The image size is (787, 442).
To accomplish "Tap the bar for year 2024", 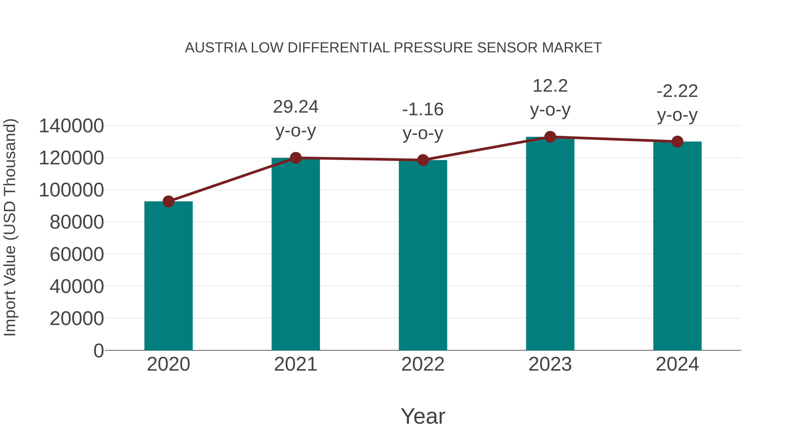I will pos(677,246).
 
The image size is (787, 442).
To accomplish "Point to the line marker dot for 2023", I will pos(550,137).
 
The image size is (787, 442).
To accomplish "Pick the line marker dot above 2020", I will pos(168,201).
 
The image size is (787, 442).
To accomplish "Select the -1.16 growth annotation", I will pos(423,110).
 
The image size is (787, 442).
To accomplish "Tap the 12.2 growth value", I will pos(550,86).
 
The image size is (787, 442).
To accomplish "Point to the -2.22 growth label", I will pos(677,91).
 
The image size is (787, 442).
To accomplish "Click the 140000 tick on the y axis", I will pos(71,126).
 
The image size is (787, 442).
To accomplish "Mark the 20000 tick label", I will pos(77,318).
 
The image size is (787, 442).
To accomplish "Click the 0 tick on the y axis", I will pos(99,351).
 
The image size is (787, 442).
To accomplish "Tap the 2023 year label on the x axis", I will pos(550,364).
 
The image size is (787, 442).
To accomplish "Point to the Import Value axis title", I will pos(10,228).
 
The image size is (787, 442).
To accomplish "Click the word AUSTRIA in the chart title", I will pos(216,48).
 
